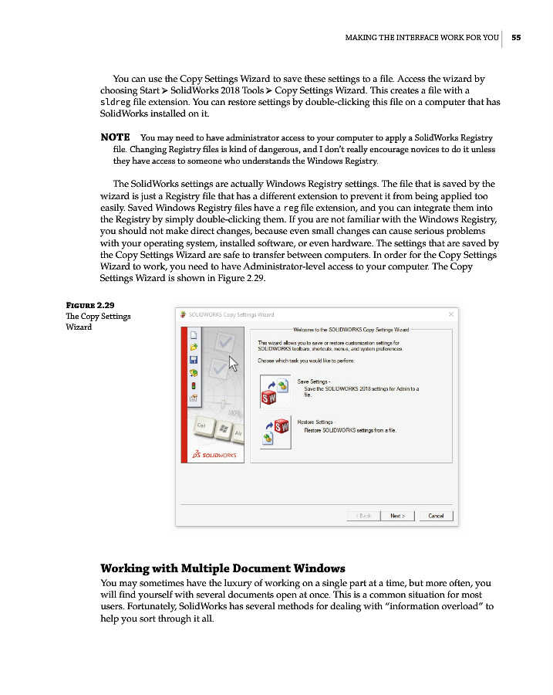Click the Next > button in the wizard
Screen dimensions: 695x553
click(397, 515)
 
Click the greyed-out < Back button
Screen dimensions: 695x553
click(363, 515)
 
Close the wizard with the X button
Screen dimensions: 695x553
click(450, 314)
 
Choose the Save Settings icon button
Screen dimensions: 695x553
click(274, 390)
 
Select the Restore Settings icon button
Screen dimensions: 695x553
click(274, 432)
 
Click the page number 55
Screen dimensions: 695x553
click(516, 37)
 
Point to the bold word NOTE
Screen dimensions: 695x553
click(116, 137)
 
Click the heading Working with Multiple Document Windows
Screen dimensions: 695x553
click(223, 568)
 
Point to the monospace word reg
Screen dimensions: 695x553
click(291, 208)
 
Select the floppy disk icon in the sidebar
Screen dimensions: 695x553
click(194, 359)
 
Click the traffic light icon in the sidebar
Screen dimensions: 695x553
click(194, 385)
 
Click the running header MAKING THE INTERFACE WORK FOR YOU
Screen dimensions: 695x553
click(421, 37)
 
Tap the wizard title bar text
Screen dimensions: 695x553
click(231, 314)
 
